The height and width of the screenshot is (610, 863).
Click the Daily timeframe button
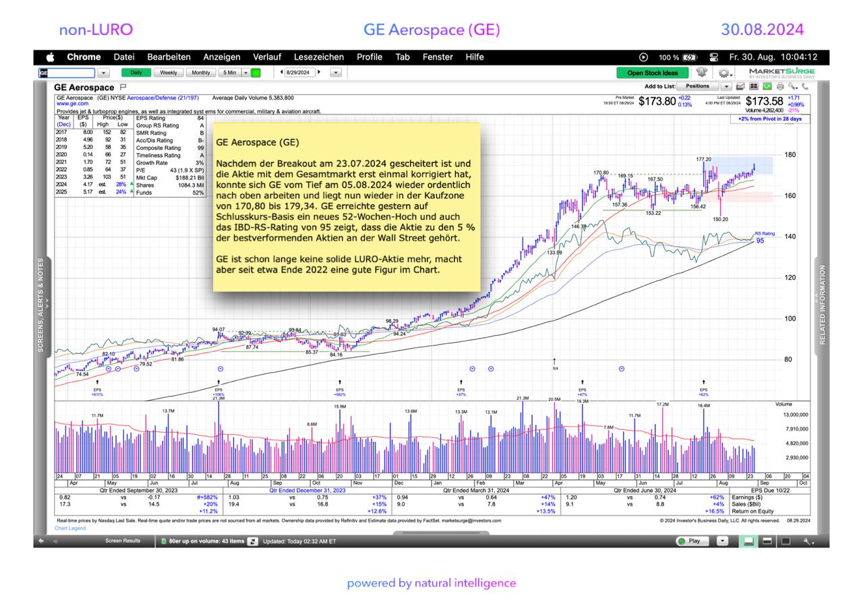136,73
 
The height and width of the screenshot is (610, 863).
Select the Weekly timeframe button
168,73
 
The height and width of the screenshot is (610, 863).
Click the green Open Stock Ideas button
652,73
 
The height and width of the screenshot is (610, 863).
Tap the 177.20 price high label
704,160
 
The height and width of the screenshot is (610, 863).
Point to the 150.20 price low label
720,219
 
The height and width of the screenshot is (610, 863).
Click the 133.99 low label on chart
554,253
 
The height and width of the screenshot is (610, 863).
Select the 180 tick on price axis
790,155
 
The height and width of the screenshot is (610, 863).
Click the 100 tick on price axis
790,319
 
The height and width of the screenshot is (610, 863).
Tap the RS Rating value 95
760,241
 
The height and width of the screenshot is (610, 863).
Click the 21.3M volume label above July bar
218,398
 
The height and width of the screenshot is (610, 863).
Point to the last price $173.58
764,102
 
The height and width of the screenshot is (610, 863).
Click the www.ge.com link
72,104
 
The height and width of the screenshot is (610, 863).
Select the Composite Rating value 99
201,148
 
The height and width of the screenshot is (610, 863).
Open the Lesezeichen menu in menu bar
319,57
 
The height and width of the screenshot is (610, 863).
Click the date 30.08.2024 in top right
762,30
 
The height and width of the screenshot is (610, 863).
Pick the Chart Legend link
70,528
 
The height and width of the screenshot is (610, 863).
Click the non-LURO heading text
96,30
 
